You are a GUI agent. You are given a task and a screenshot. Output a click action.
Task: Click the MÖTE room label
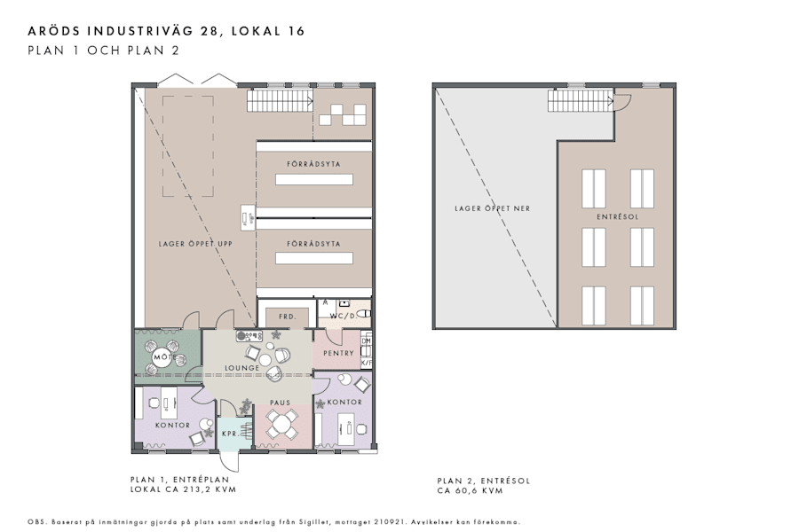coord(162,357)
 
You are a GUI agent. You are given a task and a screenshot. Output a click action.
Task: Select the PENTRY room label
coord(337,353)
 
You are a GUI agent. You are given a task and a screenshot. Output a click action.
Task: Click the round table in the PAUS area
coord(282,426)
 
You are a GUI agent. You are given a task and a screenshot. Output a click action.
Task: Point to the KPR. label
coord(229,434)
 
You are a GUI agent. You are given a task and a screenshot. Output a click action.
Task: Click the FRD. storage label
coord(286,316)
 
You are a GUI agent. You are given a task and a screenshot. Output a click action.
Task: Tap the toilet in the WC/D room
coord(364,313)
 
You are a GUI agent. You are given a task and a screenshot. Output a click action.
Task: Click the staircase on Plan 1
coord(279,101)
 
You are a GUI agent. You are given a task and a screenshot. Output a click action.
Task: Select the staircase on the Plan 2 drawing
coord(581,101)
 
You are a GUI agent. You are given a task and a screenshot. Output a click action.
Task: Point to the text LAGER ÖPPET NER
coord(492,208)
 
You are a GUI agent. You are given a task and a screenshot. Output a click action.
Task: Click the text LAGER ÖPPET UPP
coord(194,244)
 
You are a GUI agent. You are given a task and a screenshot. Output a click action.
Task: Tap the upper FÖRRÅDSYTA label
coord(313,165)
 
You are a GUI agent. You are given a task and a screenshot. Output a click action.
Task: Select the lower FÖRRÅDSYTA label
coord(313,242)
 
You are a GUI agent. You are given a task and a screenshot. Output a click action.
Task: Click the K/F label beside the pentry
coord(367,363)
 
